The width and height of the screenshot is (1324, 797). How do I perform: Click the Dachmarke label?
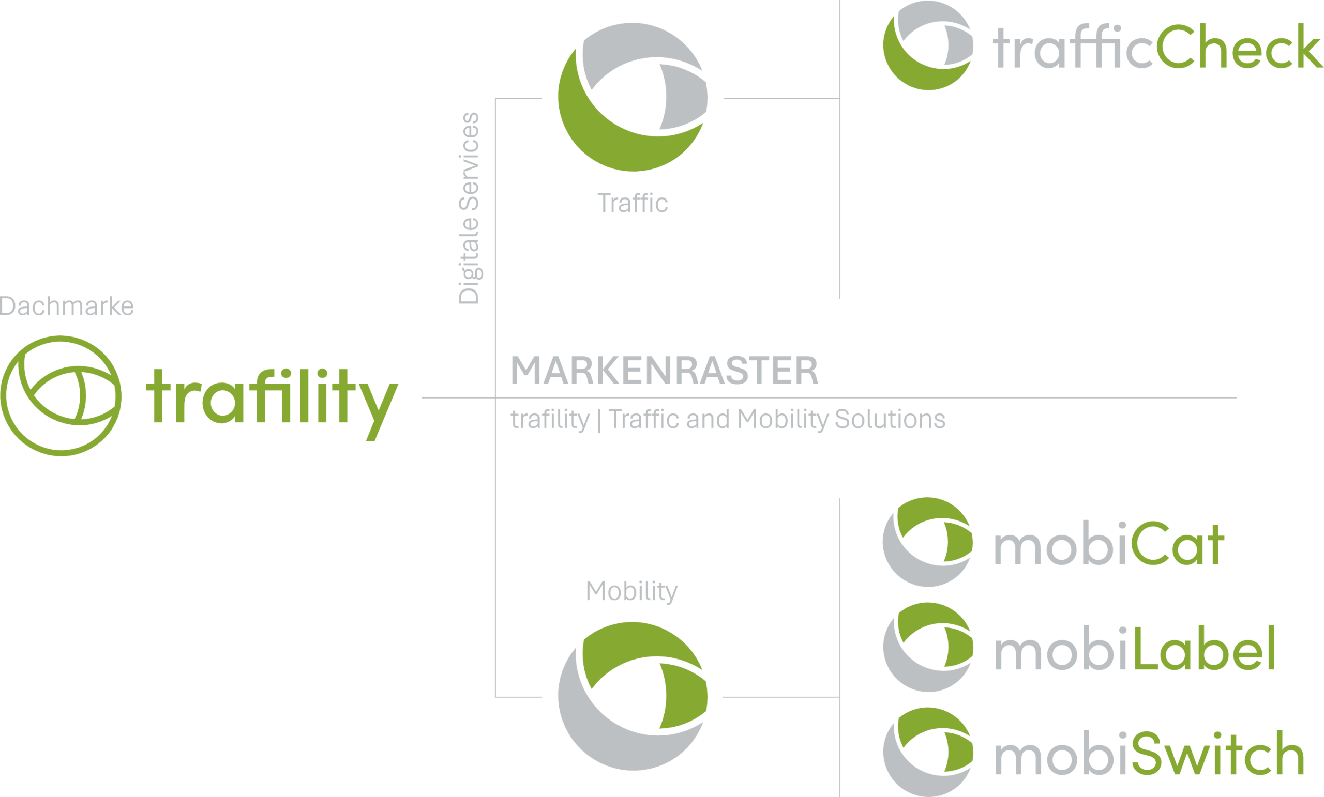[x=67, y=306]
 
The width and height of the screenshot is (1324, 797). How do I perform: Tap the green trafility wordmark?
[x=272, y=400]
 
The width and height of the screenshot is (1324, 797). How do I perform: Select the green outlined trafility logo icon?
[x=61, y=396]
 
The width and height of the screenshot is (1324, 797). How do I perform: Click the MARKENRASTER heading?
[x=664, y=371]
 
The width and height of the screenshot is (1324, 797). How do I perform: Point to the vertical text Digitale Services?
[x=469, y=208]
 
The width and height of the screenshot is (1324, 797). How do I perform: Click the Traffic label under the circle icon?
[x=633, y=204]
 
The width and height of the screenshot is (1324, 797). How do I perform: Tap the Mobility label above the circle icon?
[x=631, y=591]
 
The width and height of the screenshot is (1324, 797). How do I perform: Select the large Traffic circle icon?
[x=633, y=97]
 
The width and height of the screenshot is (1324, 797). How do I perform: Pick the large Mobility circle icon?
[x=633, y=696]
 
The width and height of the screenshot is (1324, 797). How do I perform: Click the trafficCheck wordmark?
[x=1157, y=47]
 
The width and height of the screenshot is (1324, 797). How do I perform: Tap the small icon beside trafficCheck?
[x=928, y=45]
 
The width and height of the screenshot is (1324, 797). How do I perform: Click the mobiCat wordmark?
[x=1109, y=544]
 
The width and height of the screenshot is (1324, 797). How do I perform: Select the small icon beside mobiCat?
[x=927, y=542]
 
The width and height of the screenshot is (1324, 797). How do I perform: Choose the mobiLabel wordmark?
[x=1134, y=648]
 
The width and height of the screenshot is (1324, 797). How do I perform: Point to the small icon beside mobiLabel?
[x=927, y=647]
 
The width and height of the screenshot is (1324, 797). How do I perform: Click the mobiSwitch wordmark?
[x=1149, y=754]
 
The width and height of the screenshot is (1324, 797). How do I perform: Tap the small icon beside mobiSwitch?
[x=927, y=752]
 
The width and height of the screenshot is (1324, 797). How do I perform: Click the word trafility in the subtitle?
[x=550, y=420]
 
